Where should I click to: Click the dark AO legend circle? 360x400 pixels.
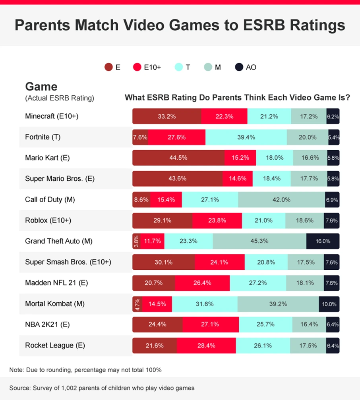pyautogui.click(x=239, y=67)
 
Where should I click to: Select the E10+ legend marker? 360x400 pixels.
pyautogui.click(x=137, y=67)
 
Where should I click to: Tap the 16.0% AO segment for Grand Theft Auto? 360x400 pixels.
pyautogui.click(x=323, y=241)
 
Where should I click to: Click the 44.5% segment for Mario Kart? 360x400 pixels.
pyautogui.click(x=178, y=158)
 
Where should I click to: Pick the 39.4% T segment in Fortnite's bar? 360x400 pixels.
pyautogui.click(x=246, y=137)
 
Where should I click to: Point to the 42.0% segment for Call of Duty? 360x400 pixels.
pyautogui.click(x=281, y=199)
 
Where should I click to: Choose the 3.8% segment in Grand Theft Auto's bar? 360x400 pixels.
pyautogui.click(x=136, y=241)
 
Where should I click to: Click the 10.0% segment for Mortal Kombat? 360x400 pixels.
pyautogui.click(x=329, y=304)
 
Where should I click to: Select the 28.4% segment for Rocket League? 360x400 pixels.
pyautogui.click(x=206, y=346)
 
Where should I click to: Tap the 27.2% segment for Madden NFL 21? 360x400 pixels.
pyautogui.click(x=258, y=283)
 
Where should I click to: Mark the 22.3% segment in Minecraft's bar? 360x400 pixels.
pyautogui.click(x=224, y=116)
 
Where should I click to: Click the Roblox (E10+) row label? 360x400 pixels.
pyautogui.click(x=48, y=220)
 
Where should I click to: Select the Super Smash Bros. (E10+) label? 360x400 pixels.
pyautogui.click(x=68, y=262)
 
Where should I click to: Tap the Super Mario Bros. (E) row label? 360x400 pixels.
pyautogui.click(x=60, y=178)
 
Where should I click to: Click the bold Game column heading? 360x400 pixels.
pyautogui.click(x=41, y=87)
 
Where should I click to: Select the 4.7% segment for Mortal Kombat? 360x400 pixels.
pyautogui.click(x=137, y=304)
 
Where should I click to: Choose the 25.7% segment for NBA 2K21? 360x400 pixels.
pyautogui.click(x=265, y=325)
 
